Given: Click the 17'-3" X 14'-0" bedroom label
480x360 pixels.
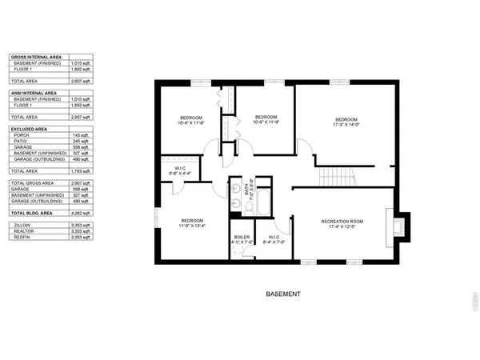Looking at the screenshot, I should (x=346, y=121).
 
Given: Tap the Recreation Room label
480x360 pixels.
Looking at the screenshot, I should (x=342, y=223).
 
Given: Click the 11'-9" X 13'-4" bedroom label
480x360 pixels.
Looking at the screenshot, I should (x=192, y=223).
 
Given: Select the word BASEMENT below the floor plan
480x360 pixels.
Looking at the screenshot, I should (x=282, y=294).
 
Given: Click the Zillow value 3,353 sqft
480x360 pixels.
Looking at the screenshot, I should (x=82, y=226).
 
